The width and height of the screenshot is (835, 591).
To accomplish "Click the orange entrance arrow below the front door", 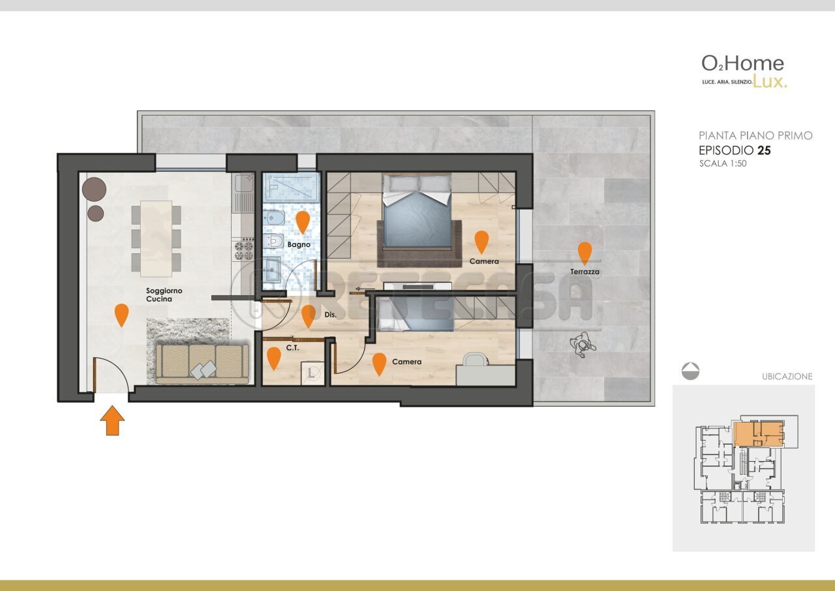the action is [112, 421].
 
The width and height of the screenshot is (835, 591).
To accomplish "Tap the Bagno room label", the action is [299, 245].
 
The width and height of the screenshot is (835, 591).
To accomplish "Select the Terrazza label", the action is [584, 272].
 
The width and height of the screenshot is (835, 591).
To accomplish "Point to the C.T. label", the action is [293, 348].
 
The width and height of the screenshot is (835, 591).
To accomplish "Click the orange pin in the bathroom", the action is [303, 223].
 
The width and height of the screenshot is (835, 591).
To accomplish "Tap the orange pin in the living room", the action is [121, 315].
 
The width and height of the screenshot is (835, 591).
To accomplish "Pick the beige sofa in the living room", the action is [202, 364].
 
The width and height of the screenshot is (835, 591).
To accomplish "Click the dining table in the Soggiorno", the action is [156, 239].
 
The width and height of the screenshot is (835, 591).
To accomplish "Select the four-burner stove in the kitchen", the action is [244, 250].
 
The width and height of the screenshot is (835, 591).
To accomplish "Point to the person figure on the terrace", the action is [583, 345].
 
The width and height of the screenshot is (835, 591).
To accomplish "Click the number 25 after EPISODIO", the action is [764, 150].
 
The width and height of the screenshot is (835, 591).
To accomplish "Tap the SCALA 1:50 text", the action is [723, 163].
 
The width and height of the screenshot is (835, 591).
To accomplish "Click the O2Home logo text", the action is [742, 64].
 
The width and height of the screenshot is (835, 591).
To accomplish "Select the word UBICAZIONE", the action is [787, 376].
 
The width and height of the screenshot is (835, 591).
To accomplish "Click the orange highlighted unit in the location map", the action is [759, 434].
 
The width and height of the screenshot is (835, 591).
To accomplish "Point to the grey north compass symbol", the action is [690, 371].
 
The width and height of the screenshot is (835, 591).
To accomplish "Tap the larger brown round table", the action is [95, 189].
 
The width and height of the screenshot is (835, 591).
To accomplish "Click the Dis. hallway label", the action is [330, 315].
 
